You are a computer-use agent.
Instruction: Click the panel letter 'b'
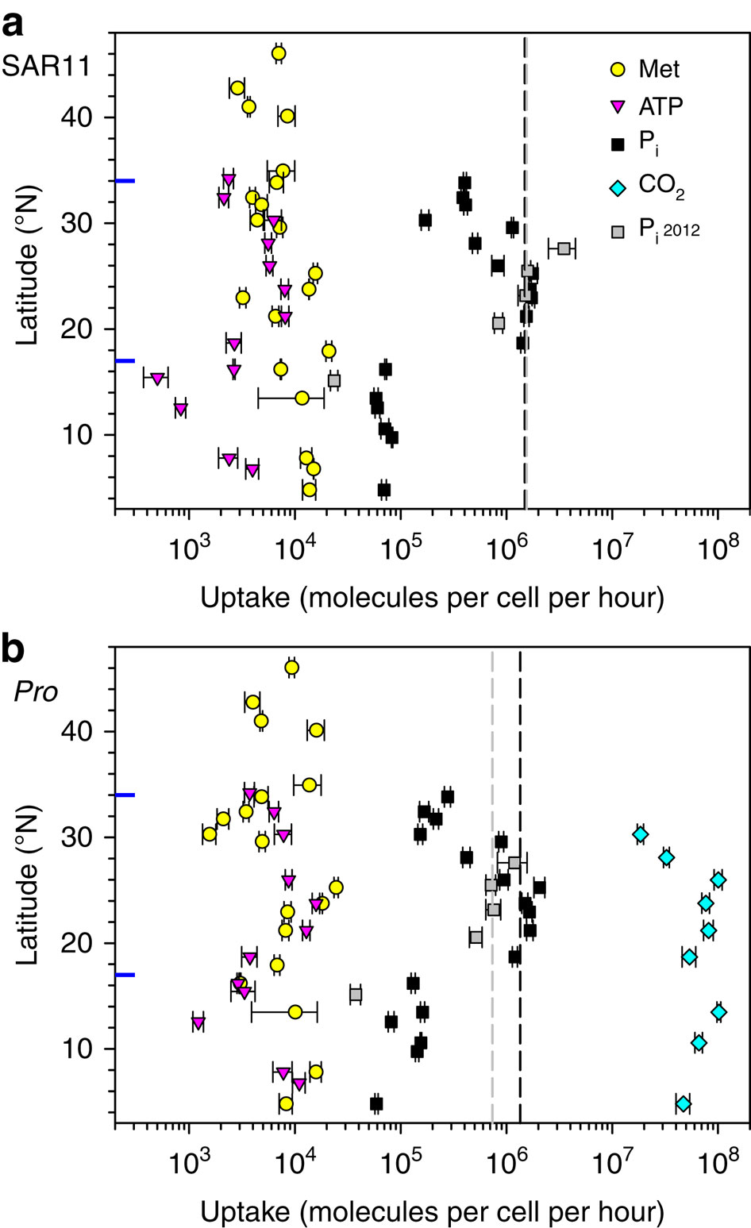click(14, 649)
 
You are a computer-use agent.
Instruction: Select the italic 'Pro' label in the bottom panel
click(37, 691)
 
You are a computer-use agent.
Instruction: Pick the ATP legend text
click(660, 106)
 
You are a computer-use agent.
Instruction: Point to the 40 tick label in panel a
click(79, 117)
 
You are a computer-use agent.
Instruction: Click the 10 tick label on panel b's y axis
click(79, 1049)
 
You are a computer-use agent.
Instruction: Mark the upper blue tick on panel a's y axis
click(125, 181)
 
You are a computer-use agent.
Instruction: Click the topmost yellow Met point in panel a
click(279, 54)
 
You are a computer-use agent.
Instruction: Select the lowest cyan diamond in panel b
click(683, 1104)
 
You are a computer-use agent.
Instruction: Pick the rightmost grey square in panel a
click(563, 248)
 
